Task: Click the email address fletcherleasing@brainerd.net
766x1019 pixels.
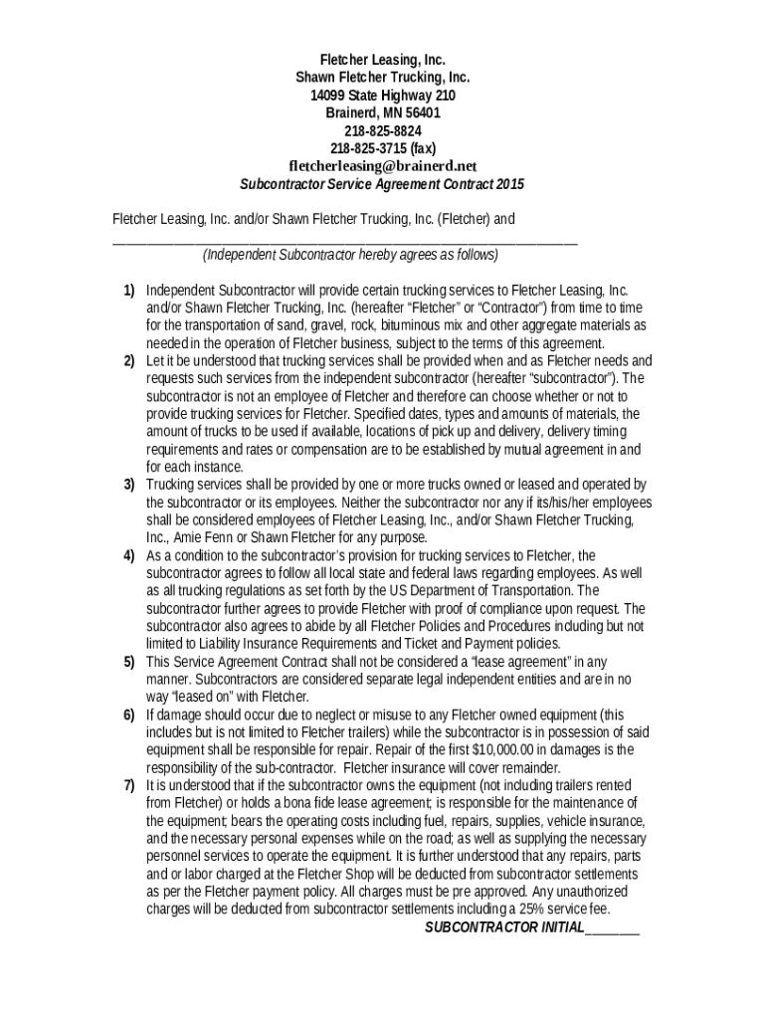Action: (x=383, y=166)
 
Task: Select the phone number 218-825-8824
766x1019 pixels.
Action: (x=383, y=130)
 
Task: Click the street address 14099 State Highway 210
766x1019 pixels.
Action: (x=383, y=95)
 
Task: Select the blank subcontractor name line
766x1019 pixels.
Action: (x=344, y=240)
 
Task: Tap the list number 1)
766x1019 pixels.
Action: (x=129, y=290)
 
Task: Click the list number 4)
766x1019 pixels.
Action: (x=129, y=555)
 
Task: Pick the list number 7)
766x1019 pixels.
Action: (x=129, y=785)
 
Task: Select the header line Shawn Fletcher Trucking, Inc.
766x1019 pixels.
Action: (x=383, y=77)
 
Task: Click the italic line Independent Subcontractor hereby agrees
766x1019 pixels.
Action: (x=350, y=255)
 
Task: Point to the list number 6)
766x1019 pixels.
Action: (x=129, y=714)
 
